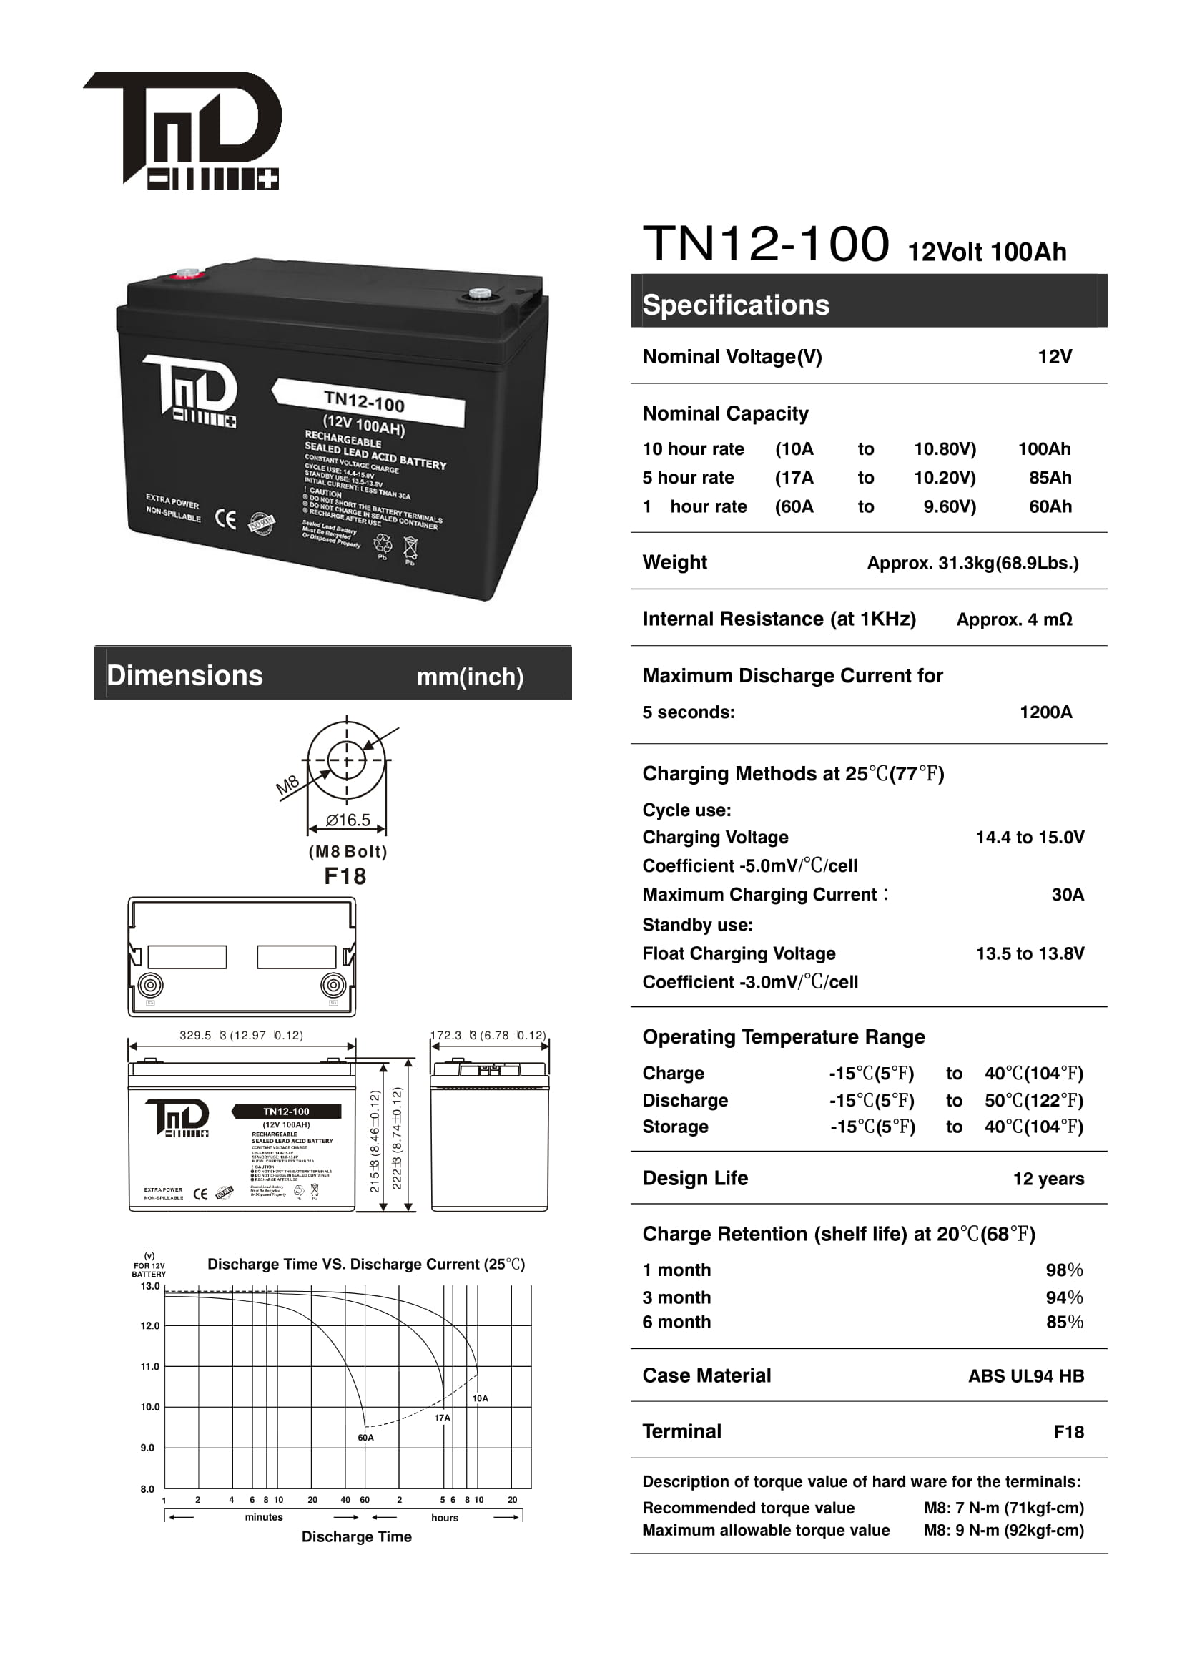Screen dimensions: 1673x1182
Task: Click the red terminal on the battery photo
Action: point(187,275)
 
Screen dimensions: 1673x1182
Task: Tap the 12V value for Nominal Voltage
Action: point(1055,357)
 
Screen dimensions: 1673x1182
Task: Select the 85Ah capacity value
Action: point(1050,478)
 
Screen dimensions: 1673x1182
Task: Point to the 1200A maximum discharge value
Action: point(1045,712)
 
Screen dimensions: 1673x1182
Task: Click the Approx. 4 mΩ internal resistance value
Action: point(1014,620)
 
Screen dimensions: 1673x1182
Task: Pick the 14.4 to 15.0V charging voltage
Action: point(1029,838)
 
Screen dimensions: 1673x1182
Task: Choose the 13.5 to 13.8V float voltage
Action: point(1029,954)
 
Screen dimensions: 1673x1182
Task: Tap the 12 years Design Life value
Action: point(1048,1179)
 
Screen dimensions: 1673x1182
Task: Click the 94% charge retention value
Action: point(1064,1297)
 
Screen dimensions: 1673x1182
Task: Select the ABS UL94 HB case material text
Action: point(1025,1376)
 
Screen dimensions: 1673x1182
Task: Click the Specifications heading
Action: point(736,305)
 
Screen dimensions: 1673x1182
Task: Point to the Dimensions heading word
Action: point(185,675)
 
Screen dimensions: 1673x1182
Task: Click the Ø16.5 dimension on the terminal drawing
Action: point(348,820)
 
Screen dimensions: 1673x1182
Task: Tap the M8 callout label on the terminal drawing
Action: point(287,785)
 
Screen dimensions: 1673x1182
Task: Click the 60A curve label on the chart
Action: point(365,1438)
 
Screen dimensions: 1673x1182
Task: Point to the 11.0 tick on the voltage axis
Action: point(150,1367)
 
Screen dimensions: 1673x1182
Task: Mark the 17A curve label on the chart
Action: point(442,1418)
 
